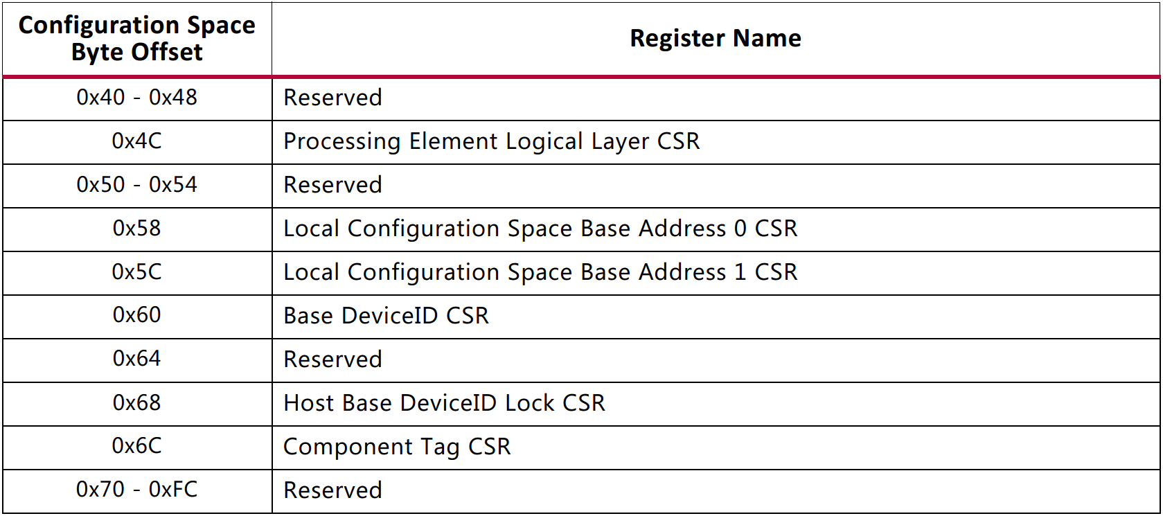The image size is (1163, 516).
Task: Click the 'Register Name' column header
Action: click(715, 38)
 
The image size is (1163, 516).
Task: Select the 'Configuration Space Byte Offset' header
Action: click(137, 38)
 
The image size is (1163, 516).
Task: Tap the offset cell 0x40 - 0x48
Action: click(137, 98)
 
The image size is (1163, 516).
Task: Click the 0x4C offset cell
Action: click(137, 141)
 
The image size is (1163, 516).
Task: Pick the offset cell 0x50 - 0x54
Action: click(137, 185)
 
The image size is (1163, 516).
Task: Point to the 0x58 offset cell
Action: click(137, 229)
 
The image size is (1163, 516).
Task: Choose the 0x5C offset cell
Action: click(137, 272)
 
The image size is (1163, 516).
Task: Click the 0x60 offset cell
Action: click(137, 316)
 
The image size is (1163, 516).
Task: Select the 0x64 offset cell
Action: click(137, 359)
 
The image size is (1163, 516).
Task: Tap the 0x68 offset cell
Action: click(137, 403)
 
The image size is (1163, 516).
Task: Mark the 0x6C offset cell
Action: click(137, 447)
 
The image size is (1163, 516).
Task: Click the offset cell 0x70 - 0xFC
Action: click(137, 490)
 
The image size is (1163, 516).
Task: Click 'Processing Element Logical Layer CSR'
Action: click(492, 141)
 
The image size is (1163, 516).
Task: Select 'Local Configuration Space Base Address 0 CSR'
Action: click(540, 229)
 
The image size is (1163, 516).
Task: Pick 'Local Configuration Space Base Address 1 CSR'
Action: click(540, 272)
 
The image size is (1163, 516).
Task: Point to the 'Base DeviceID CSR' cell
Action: click(387, 316)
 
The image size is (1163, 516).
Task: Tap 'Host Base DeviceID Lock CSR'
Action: click(445, 403)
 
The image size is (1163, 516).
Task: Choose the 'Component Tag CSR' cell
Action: click(397, 447)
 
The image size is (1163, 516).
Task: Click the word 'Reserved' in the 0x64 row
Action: click(333, 359)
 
